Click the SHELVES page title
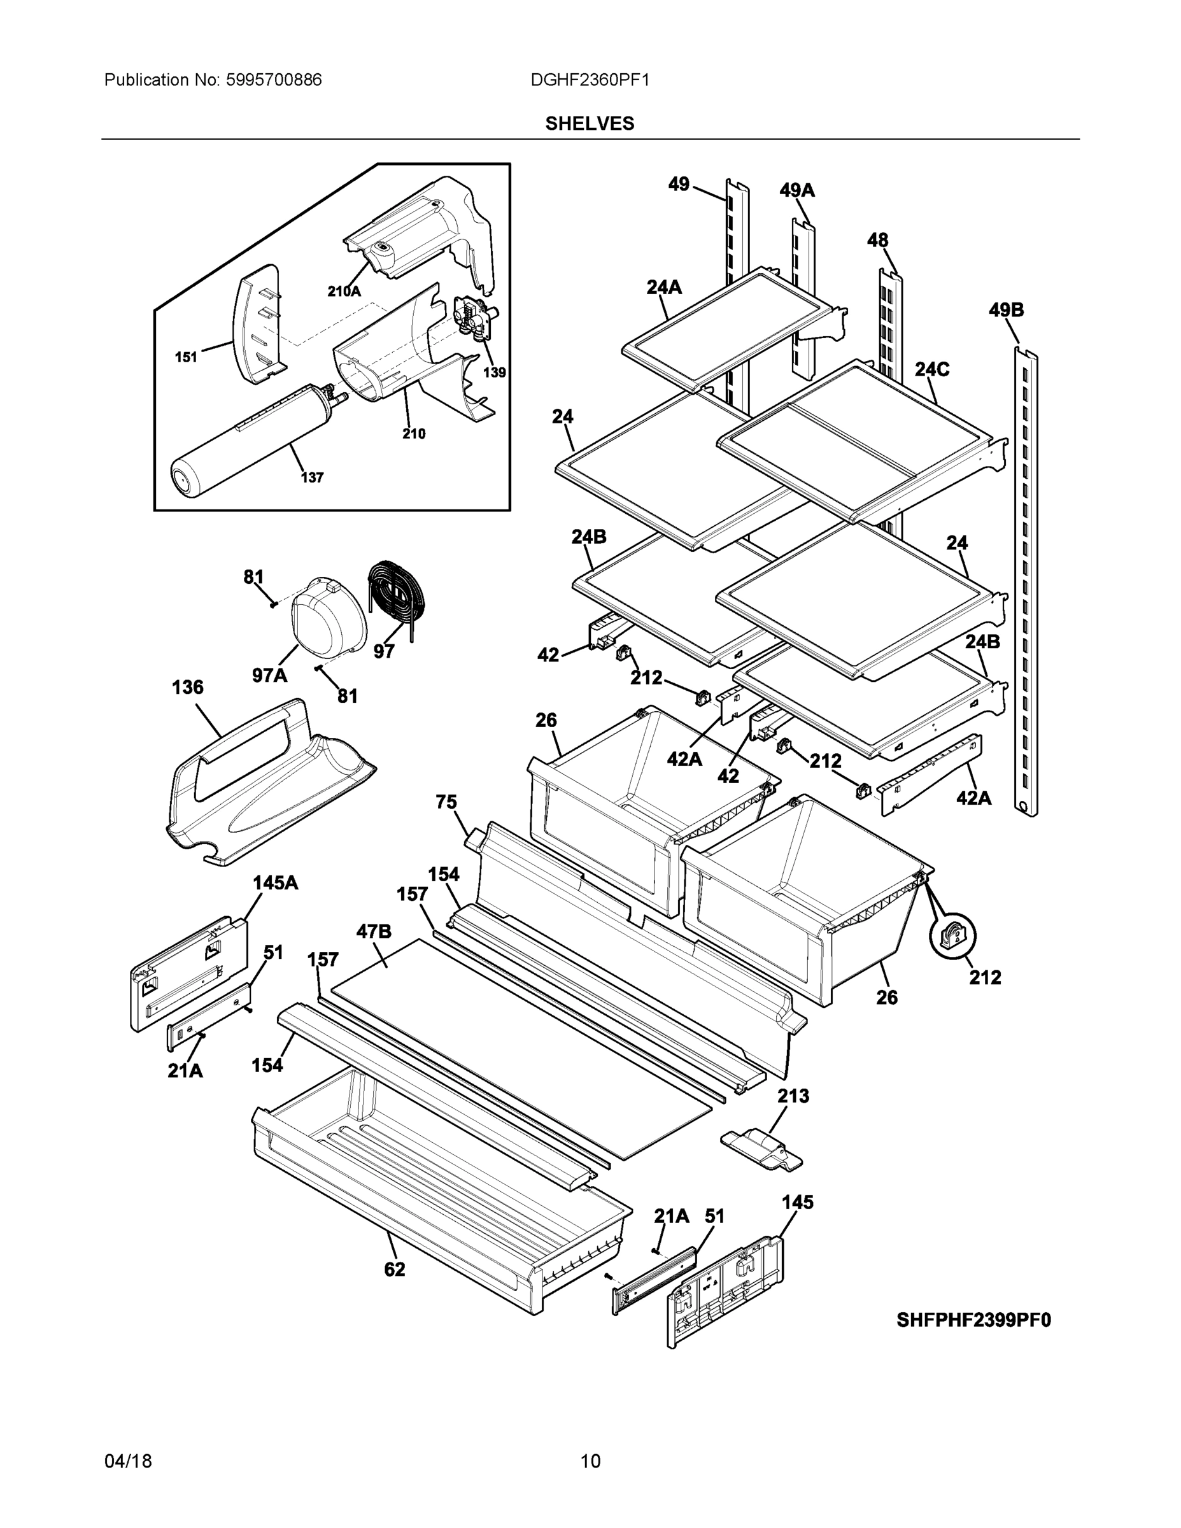coord(589,124)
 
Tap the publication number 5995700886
coord(273,80)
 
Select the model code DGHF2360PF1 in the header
coord(590,80)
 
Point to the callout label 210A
coord(344,292)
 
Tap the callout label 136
coord(188,687)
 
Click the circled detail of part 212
coord(952,936)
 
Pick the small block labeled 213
coord(761,1149)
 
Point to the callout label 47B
coord(374,931)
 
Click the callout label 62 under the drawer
coord(395,1268)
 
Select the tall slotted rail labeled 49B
coord(1026,581)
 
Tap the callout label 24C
coord(932,369)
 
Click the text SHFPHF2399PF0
coord(973,1320)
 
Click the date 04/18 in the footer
coord(128,1461)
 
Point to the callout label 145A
coord(275,883)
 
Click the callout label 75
coord(446,802)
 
